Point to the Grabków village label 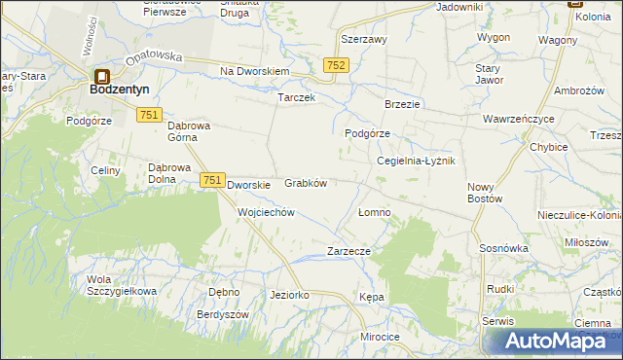[x=305, y=183]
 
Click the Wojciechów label [x=266, y=211]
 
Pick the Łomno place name [x=375, y=212]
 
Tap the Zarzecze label [x=348, y=250]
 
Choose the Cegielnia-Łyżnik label [x=416, y=162]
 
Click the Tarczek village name [x=296, y=99]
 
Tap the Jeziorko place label [x=289, y=295]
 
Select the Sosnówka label [x=503, y=248]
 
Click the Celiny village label [x=103, y=170]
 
